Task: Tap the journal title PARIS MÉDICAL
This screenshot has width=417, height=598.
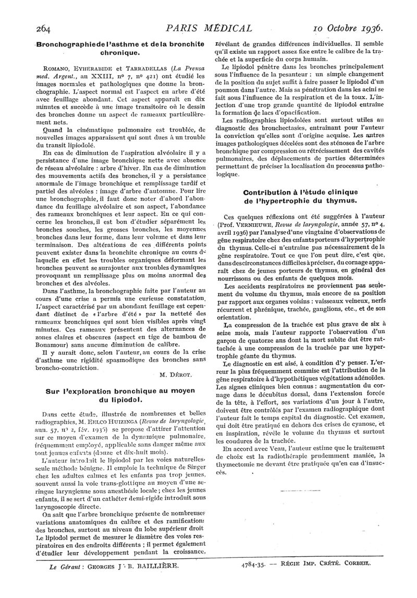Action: pos(208,28)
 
